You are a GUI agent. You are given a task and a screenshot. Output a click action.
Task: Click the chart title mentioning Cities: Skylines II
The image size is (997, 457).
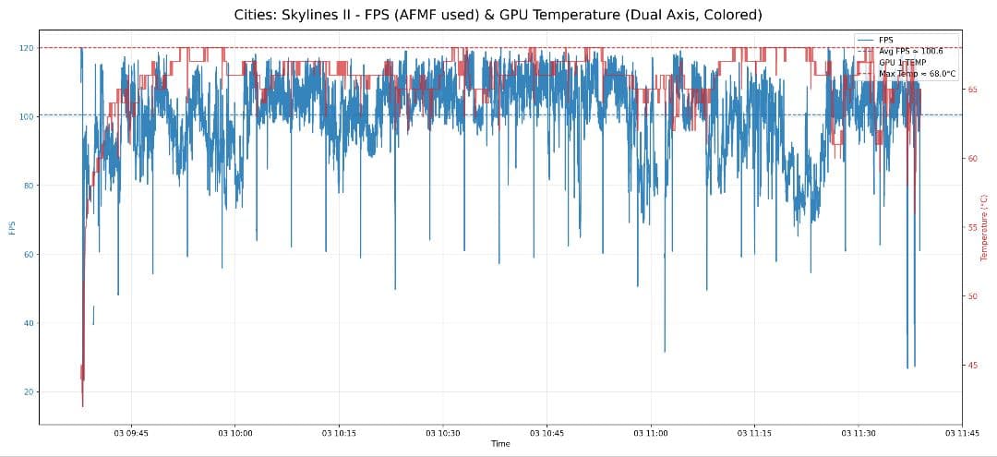pos(498,15)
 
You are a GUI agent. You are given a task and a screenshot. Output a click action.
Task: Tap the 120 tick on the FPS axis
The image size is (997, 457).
pos(28,48)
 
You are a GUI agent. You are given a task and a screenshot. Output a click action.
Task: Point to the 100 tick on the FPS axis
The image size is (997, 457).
pos(28,116)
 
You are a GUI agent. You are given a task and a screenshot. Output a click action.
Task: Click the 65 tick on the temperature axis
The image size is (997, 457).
pos(972,90)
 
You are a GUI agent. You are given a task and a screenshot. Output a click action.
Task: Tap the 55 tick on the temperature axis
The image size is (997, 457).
pos(972,227)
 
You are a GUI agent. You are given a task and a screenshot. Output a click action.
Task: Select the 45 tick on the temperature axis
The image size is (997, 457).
pos(972,366)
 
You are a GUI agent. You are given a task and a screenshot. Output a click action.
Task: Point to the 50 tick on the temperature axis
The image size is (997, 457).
pos(972,296)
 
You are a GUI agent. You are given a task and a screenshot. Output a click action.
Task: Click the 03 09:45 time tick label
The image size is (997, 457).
pos(130,432)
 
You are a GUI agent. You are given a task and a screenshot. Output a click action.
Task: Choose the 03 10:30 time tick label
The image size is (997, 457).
pos(442,432)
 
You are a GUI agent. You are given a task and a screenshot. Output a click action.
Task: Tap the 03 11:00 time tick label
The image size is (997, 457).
pos(651,432)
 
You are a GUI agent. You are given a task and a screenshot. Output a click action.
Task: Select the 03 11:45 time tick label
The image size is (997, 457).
pos(962,432)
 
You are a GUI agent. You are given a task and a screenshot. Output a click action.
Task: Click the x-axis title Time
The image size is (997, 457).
pos(499,444)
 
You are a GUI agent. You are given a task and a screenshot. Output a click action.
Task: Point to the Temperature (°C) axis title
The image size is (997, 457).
pos(985,227)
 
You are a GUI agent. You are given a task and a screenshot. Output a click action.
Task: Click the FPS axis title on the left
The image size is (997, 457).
pos(12,227)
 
